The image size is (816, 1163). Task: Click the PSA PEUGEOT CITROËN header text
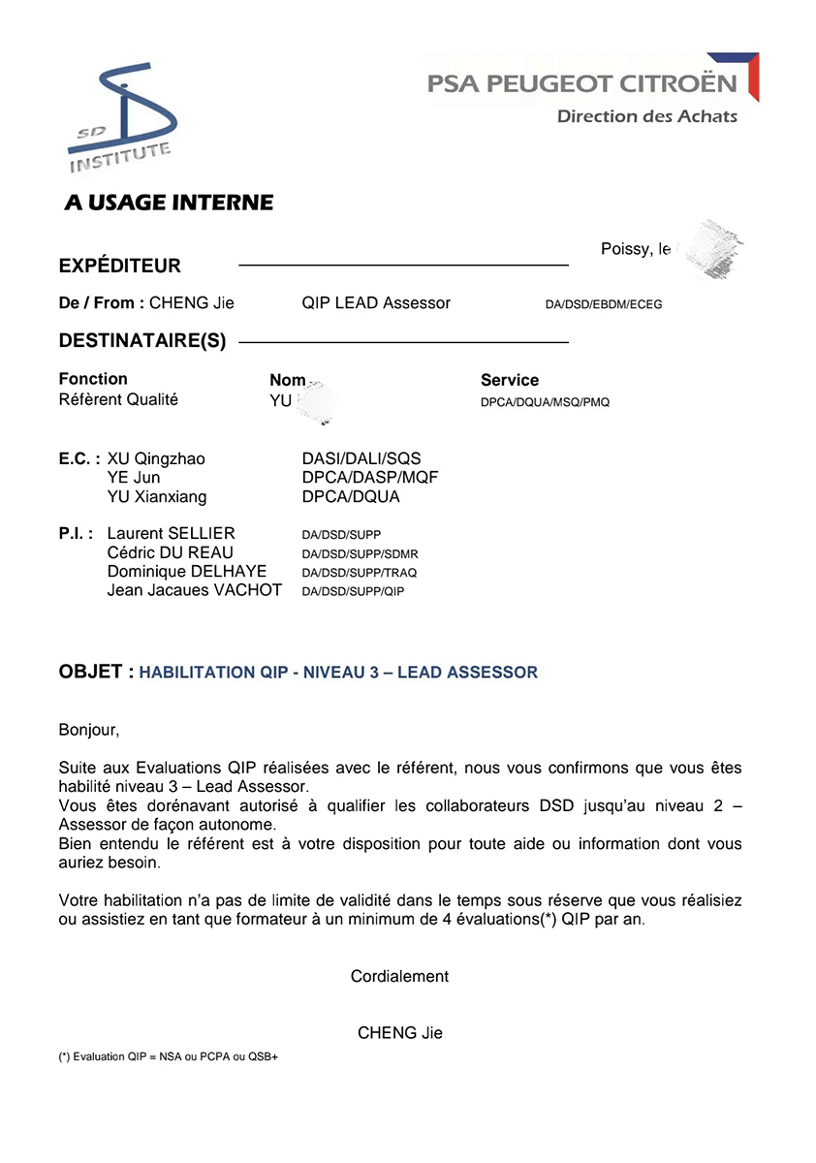point(581,84)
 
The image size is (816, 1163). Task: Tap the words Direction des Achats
point(646,117)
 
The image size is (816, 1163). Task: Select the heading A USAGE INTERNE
point(169,204)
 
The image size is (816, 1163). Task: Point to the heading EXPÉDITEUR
point(120,267)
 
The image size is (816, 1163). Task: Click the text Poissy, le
point(636,250)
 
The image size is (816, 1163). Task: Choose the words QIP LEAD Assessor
point(376,303)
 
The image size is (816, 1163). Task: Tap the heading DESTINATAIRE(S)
point(142,342)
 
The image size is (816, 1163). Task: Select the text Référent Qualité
point(118,399)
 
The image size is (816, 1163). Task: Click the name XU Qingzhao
point(156,459)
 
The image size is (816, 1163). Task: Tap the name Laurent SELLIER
point(171,534)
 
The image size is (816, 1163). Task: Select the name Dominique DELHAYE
point(186,572)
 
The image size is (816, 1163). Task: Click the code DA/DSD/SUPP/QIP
point(353,591)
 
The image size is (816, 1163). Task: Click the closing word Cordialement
point(399,977)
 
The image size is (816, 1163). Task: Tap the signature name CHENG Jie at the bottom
point(399,1033)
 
